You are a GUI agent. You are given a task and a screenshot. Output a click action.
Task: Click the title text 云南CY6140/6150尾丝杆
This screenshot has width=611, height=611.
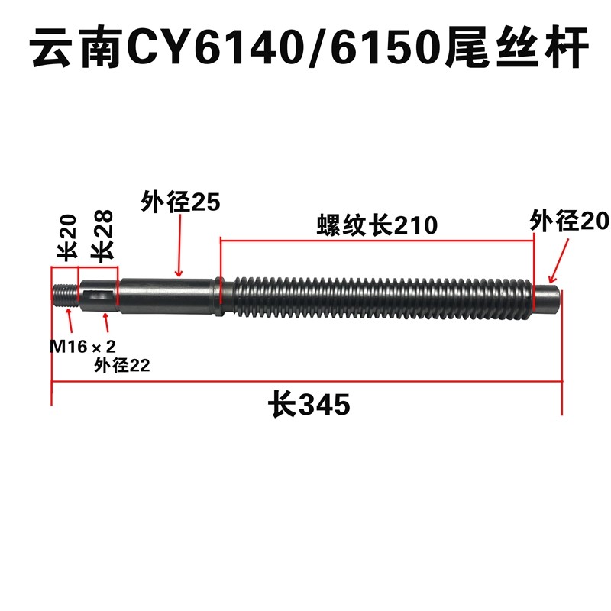[305, 48]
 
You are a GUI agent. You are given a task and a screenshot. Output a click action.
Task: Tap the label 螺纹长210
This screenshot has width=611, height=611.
[377, 226]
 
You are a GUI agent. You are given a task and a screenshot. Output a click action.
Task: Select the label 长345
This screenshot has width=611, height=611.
[309, 403]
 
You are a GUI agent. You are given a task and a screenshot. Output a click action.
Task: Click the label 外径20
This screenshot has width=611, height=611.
[569, 221]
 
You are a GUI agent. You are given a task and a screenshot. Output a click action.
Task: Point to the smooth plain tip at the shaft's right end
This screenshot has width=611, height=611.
[548, 297]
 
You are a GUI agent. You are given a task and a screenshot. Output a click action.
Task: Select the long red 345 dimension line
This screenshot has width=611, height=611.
[305, 383]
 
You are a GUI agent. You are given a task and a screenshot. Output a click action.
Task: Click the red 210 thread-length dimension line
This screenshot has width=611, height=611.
[377, 239]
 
